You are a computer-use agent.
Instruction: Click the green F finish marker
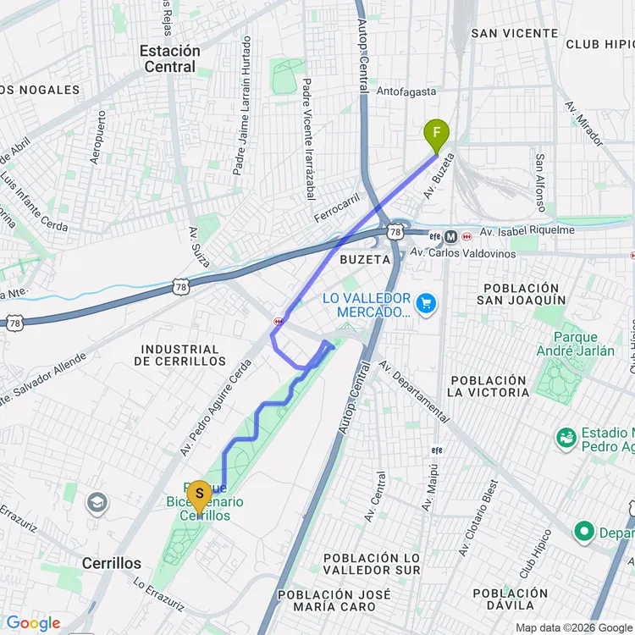coord(437,134)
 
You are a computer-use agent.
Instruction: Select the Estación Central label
coord(170,58)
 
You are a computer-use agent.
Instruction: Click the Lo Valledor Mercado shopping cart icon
coord(426,302)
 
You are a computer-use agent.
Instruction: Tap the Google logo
coord(34,623)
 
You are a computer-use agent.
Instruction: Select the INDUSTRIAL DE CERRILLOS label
coord(180,355)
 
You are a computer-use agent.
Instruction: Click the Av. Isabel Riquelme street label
coord(527,230)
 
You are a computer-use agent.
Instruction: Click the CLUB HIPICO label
coord(599,44)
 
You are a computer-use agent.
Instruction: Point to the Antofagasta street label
coord(406,91)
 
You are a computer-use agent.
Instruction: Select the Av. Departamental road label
coord(414,390)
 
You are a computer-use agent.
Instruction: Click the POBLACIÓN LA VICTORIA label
coord(489,386)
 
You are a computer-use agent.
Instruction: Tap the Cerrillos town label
coord(111,563)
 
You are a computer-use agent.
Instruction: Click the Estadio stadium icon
coord(566,438)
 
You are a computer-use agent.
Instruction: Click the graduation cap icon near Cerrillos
coord(97,502)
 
